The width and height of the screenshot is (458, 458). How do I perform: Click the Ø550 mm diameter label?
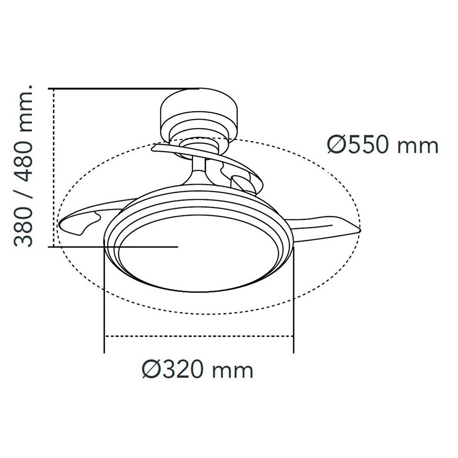382,145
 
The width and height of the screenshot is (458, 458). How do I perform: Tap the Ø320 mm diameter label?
197,370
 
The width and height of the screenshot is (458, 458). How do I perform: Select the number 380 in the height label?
24,226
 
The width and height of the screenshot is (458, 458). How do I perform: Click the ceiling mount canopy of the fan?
199,115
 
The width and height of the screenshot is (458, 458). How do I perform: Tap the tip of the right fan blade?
361,230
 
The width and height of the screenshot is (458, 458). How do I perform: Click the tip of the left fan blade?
59,224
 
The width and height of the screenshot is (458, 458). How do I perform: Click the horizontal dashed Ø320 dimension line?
199,337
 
